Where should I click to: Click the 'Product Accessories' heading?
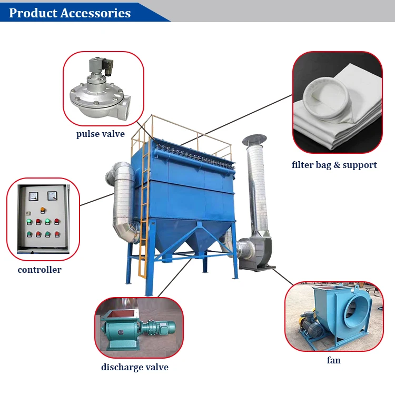(x=70, y=13)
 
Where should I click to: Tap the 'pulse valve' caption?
(x=101, y=134)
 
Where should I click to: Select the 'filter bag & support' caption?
(x=334, y=165)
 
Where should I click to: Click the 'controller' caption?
(x=39, y=270)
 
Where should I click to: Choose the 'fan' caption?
(x=333, y=360)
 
